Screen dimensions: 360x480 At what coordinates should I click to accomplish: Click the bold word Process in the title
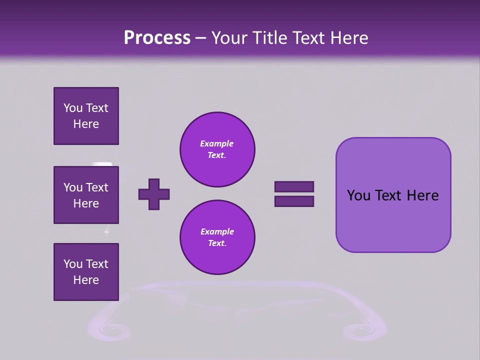(157, 38)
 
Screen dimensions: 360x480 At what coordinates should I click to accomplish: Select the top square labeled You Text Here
(86, 116)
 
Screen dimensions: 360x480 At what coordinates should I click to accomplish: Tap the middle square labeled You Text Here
(86, 195)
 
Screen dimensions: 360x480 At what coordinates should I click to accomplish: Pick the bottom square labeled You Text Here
(86, 272)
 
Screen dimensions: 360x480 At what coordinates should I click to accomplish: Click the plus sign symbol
(154, 194)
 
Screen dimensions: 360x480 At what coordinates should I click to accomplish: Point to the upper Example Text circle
(217, 149)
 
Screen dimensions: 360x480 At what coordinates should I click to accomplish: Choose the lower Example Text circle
(217, 237)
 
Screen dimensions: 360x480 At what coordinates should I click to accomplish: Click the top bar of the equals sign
(294, 187)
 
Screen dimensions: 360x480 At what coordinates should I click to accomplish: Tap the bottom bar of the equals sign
(294, 201)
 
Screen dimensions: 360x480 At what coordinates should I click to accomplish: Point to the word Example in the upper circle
(217, 143)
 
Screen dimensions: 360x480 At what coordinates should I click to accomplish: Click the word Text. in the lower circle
(217, 243)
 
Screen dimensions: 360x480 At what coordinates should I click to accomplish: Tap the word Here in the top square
(86, 124)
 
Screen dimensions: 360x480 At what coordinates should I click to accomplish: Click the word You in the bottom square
(73, 264)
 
